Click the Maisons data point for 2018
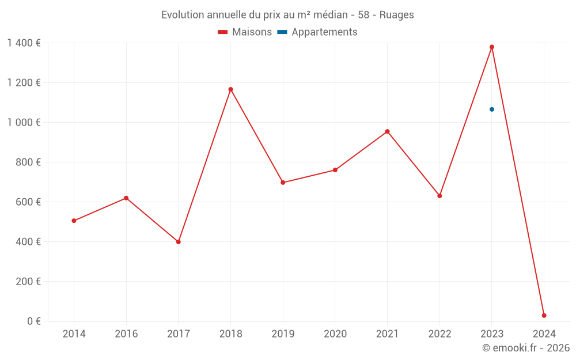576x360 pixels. [x=230, y=89]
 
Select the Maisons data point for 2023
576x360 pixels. [x=492, y=47]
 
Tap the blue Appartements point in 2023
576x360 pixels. [x=492, y=109]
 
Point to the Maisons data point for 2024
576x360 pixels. [x=544, y=316]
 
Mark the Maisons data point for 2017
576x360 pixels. [x=179, y=242]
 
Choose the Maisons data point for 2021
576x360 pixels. [x=387, y=131]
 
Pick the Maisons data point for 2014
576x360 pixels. [x=74, y=221]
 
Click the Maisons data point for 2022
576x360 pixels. [x=439, y=196]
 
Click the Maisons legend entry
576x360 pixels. [x=245, y=32]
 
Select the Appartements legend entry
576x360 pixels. [x=318, y=32]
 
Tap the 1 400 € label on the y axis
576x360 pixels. [x=24, y=43]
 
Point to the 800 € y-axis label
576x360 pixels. [x=28, y=162]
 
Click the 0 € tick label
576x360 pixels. [x=34, y=321]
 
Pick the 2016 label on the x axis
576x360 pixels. [x=126, y=334]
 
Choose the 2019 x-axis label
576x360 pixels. [x=283, y=334]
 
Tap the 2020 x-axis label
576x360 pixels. [x=335, y=334]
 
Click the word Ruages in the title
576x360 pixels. [x=396, y=15]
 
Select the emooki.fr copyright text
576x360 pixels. [x=526, y=348]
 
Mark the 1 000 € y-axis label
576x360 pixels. [x=24, y=123]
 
